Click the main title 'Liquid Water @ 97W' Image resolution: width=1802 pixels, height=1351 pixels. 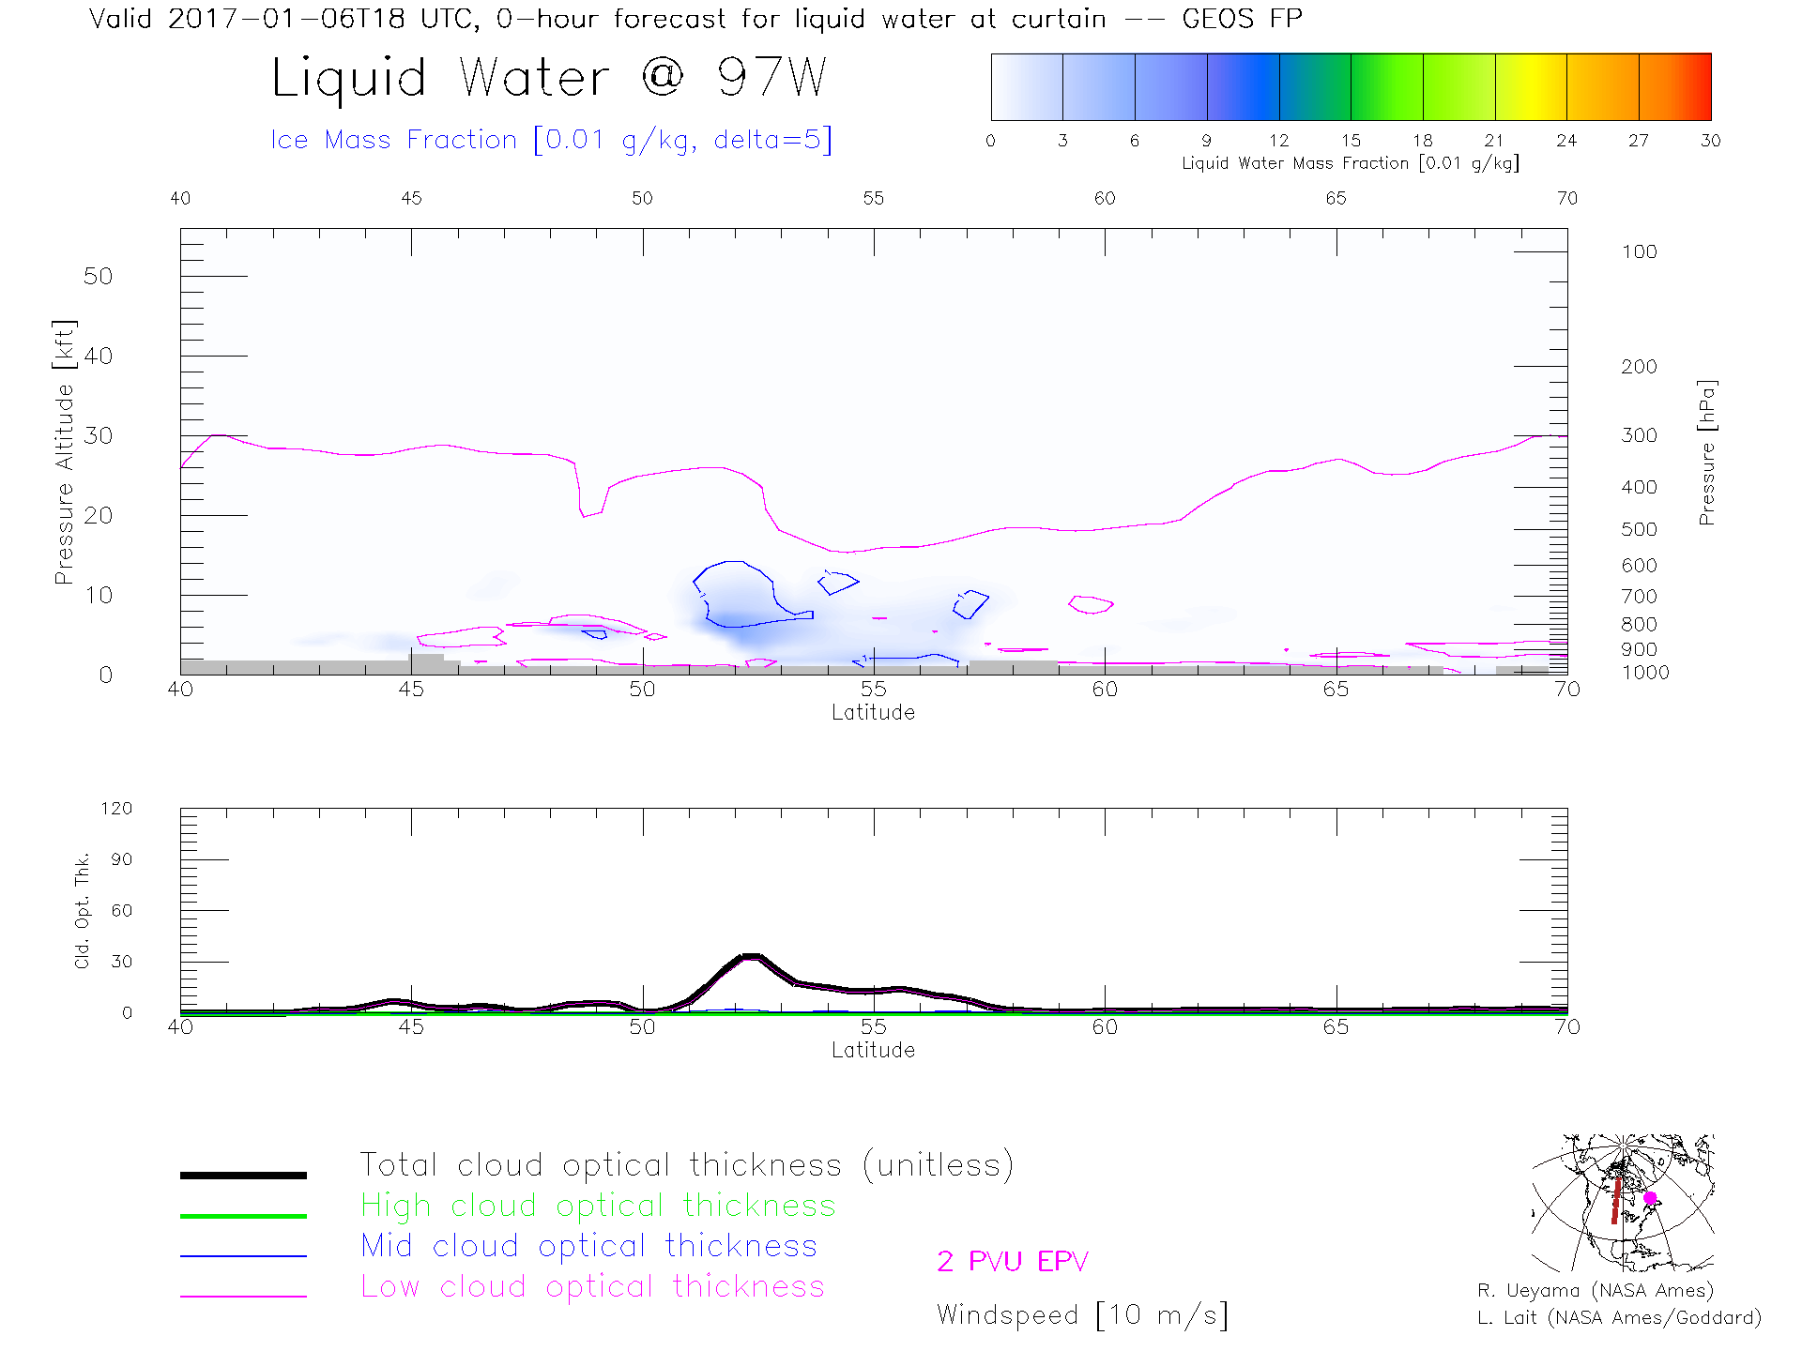point(549,78)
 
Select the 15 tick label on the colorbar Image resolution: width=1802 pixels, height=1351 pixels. point(1351,141)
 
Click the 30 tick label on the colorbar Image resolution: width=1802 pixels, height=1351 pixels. point(1710,141)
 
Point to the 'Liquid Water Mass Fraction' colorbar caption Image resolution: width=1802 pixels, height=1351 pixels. point(1350,163)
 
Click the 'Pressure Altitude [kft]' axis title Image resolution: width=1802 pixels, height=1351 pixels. point(64,451)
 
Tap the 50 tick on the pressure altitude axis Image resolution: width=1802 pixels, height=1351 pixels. point(98,276)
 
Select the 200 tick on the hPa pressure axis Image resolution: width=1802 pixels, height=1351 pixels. point(1639,367)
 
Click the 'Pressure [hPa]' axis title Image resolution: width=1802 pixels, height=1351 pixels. point(1706,452)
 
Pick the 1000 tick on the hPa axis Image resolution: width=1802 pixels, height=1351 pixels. point(1644,673)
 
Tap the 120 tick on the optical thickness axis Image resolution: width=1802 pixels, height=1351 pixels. point(117,809)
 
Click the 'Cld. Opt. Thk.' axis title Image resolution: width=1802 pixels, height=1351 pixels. point(83,910)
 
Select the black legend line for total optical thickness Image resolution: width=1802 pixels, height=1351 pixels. point(243,1175)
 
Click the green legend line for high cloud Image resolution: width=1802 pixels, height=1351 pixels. point(243,1216)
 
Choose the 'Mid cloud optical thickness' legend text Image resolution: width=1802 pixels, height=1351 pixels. point(588,1246)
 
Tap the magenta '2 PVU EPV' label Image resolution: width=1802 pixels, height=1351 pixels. point(1012,1261)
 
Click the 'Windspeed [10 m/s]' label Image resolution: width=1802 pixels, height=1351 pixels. point(1081,1314)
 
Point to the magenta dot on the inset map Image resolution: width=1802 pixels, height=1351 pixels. point(1650,1198)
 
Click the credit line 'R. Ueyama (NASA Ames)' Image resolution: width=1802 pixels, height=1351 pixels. point(1595,1291)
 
